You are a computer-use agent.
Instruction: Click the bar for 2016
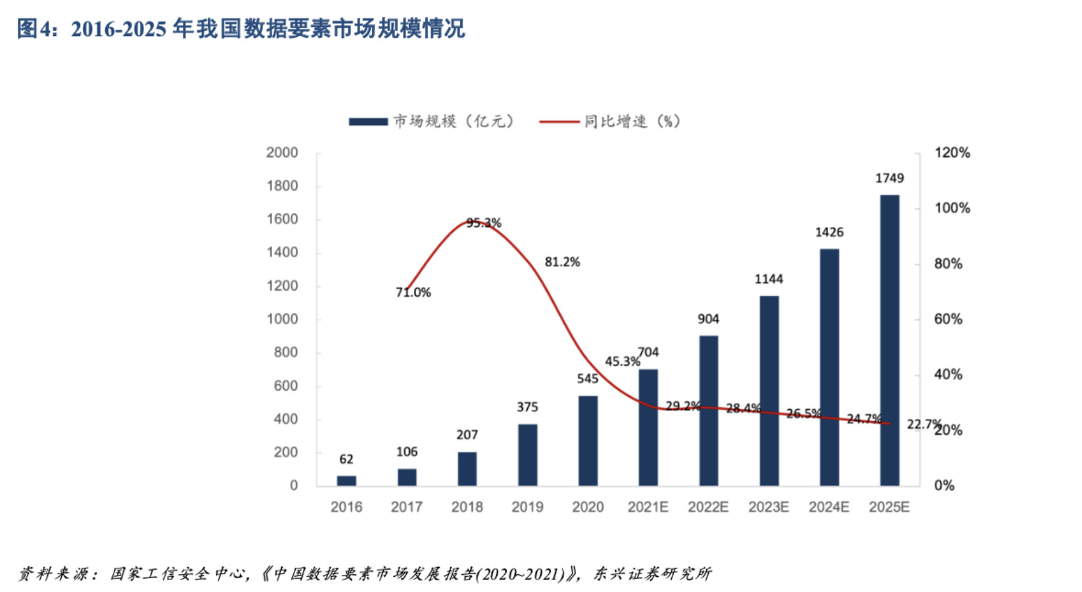346,481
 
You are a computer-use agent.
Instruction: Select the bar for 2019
527,455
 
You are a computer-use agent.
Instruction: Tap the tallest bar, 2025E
889,340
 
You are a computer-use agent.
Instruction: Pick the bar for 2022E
708,411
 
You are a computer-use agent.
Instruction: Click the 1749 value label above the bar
889,178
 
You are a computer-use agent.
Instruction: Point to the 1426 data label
829,232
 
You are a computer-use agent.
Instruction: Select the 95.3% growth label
484,223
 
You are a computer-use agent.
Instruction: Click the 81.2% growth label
562,262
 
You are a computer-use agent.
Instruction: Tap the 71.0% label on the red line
413,293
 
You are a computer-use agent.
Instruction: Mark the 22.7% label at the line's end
924,424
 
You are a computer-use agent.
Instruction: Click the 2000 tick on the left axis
282,153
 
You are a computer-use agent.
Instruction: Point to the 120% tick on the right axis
953,153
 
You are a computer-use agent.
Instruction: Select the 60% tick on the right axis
948,319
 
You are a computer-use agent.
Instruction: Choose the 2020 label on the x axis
588,507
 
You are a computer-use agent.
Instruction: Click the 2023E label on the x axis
768,507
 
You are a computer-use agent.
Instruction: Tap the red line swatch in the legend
559,122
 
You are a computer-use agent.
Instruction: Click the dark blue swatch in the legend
368,122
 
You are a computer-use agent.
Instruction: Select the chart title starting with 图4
241,29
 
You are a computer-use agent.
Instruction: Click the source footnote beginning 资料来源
364,574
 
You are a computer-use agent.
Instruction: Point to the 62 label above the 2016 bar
346,459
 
